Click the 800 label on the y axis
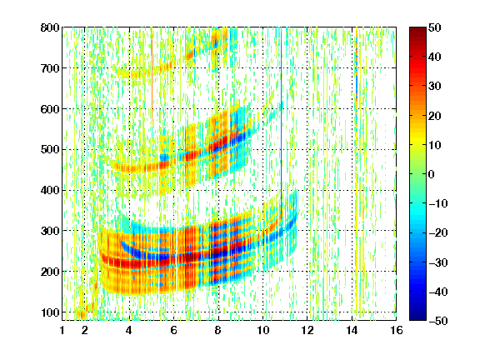coord(50,27)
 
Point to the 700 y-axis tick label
coord(50,68)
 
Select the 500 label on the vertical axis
coord(50,150)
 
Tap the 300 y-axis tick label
coord(50,231)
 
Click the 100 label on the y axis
coord(50,312)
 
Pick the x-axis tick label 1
coord(62,330)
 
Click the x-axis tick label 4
coord(129,330)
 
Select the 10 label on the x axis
coord(262,330)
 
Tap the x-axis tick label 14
coord(352,330)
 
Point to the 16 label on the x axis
coord(397,330)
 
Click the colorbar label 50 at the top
coord(435,27)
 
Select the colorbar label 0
coord(432,174)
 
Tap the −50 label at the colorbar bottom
coord(437,321)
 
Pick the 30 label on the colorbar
coord(435,87)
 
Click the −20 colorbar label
coord(437,232)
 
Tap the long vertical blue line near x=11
coord(282,122)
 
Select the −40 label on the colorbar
coord(437,292)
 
